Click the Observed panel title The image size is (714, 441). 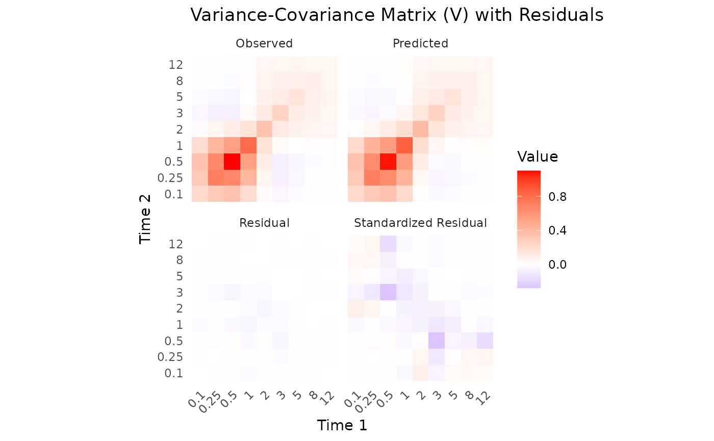[264, 44]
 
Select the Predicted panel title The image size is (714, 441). [420, 44]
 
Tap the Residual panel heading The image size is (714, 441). [264, 223]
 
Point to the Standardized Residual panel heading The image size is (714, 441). [420, 223]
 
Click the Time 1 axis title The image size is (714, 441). [342, 425]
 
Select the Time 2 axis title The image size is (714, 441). [146, 219]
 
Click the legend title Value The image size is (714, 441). [538, 157]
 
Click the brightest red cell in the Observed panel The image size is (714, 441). [232, 162]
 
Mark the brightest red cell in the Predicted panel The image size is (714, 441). [388, 162]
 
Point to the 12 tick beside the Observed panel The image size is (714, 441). [175, 65]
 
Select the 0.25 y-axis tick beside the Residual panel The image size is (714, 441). [170, 357]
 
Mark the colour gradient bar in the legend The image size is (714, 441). [528, 229]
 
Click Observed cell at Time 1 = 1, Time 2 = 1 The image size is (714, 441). [248, 146]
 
